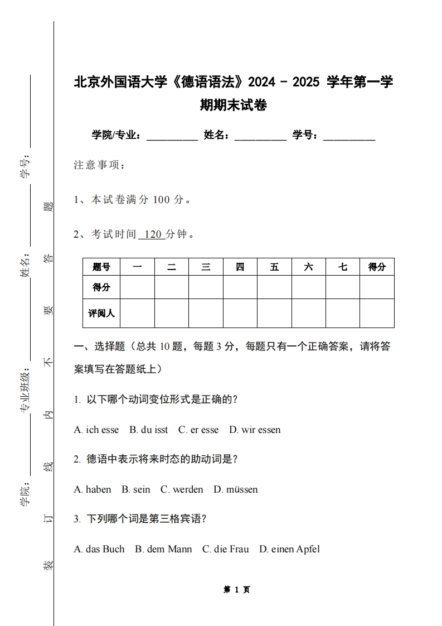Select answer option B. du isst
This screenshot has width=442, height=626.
(x=148, y=430)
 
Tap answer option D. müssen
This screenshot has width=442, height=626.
(x=235, y=489)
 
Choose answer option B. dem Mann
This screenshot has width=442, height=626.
(x=163, y=549)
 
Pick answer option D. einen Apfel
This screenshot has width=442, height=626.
(x=289, y=549)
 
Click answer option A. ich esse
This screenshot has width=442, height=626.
(x=96, y=430)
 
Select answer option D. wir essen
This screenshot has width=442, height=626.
(x=255, y=430)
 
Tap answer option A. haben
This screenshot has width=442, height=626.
(x=93, y=489)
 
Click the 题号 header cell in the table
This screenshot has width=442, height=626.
(x=101, y=267)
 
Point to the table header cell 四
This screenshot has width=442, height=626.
(x=240, y=267)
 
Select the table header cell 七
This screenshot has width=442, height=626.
(x=342, y=267)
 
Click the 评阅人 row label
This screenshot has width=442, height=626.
(x=101, y=313)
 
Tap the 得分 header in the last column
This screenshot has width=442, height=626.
(x=377, y=267)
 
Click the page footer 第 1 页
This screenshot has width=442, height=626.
(x=236, y=589)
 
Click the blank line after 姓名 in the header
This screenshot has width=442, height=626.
(x=260, y=136)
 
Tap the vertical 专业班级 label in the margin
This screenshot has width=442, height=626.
(x=25, y=391)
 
